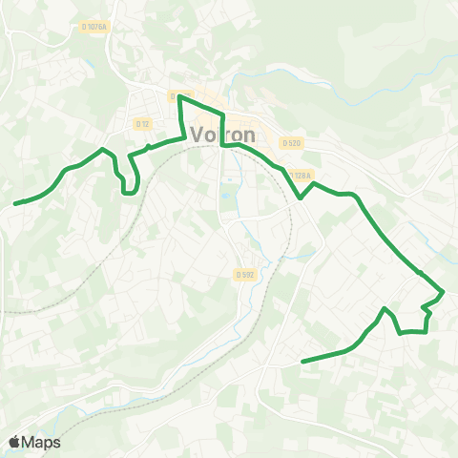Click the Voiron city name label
[221, 134]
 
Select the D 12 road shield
[143, 124]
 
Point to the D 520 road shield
[291, 142]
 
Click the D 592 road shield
[245, 274]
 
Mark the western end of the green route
[15, 202]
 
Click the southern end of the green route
[302, 362]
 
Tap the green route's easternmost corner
[444, 291]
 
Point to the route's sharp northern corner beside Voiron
[179, 96]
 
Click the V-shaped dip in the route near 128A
[302, 198]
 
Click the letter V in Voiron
[199, 135]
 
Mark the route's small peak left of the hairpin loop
[103, 150]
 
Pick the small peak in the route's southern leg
[384, 308]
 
